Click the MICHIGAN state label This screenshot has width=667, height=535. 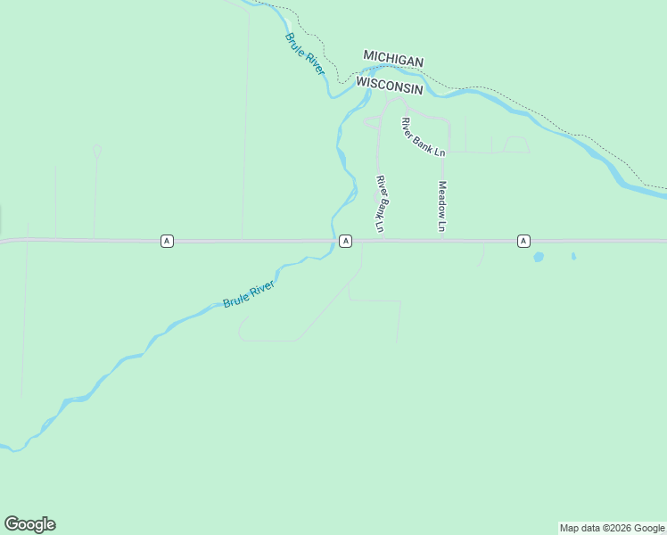[393, 59]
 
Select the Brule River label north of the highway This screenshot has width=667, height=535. [305, 53]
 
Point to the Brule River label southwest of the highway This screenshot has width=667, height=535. [250, 292]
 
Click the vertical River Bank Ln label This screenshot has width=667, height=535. [381, 204]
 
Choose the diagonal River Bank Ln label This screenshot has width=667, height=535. [423, 137]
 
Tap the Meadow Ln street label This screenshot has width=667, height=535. [441, 207]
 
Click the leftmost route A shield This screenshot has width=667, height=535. [167, 241]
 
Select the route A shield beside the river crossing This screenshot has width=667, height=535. [345, 241]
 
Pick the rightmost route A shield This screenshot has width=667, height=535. [523, 241]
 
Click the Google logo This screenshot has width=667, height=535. [29, 524]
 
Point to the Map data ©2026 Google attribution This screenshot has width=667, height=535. [612, 528]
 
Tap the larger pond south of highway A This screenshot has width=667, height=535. [539, 258]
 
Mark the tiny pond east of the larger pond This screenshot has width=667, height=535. [573, 257]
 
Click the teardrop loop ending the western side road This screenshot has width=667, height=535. [97, 151]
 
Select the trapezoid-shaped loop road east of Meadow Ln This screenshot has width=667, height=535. [516, 144]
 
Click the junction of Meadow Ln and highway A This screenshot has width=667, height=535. [443, 241]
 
